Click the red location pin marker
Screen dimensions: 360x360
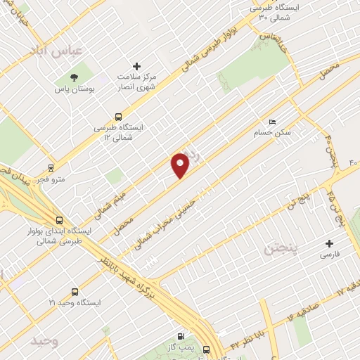coord(181,165)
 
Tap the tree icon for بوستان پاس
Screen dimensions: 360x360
coord(75,77)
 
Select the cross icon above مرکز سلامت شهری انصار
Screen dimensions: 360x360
coord(137,67)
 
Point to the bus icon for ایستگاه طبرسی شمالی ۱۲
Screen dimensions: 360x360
coord(117,117)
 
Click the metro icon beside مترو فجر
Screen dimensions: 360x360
coord(51,168)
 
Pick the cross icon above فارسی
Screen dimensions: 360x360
coord(330,243)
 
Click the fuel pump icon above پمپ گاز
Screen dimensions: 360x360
coord(183,336)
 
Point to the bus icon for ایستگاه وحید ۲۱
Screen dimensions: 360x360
coord(75,292)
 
